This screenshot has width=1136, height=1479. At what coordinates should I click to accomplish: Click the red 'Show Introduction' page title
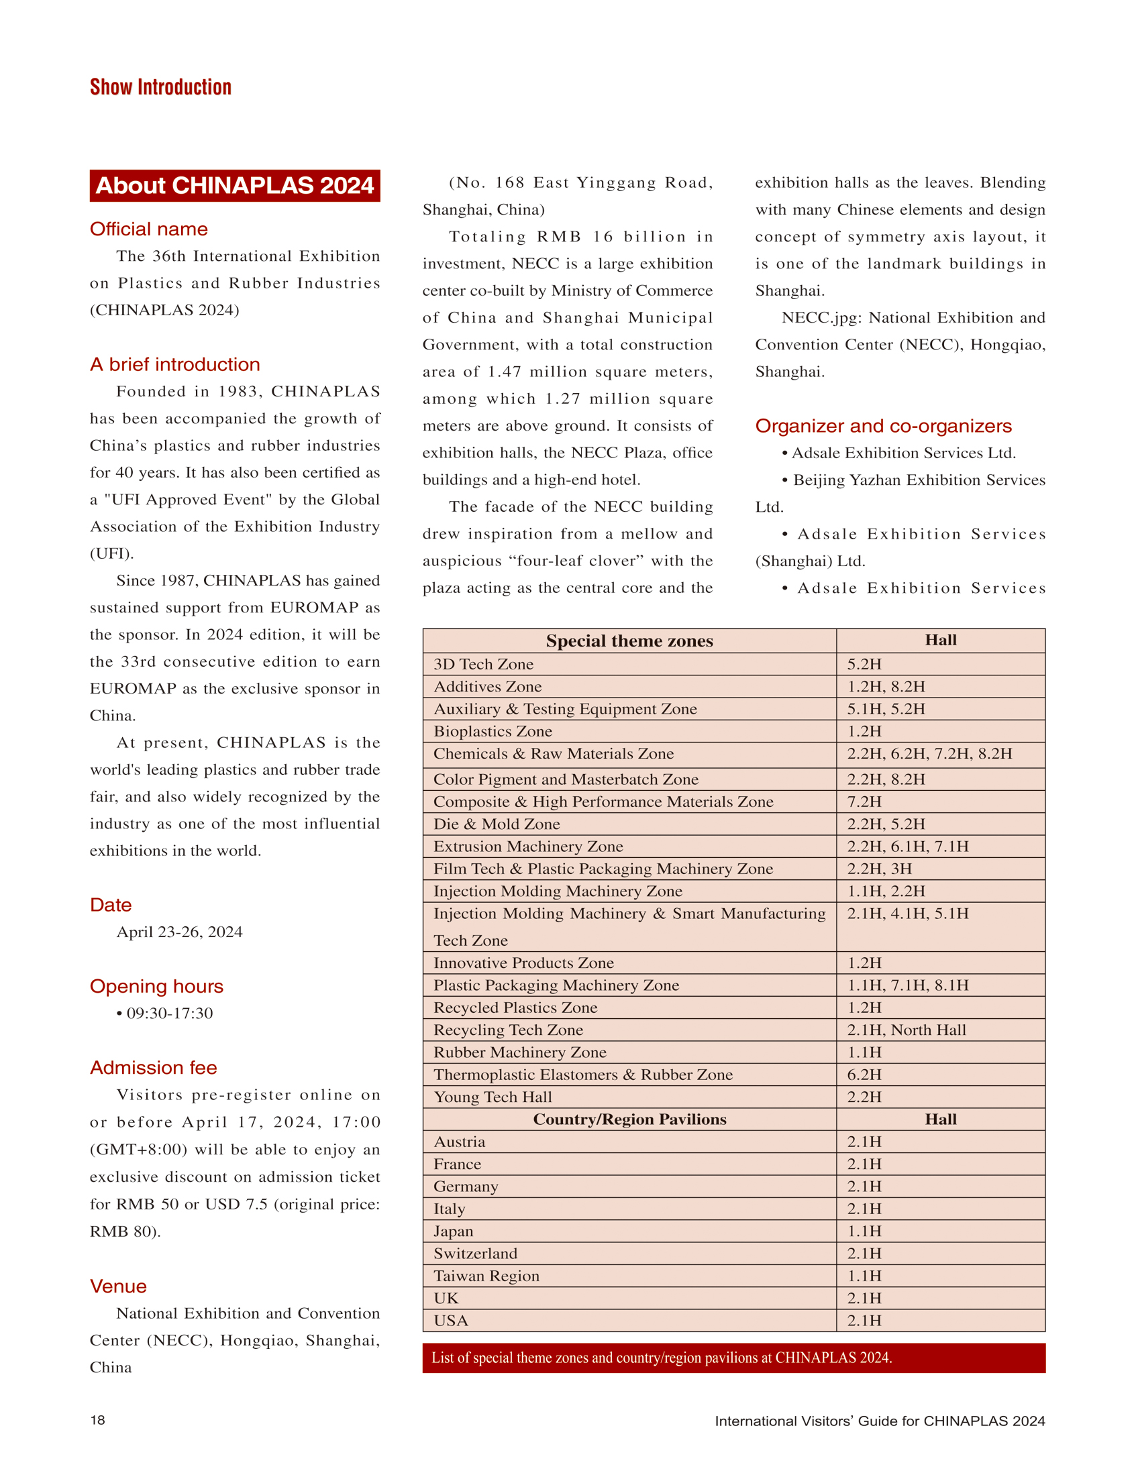coord(161,87)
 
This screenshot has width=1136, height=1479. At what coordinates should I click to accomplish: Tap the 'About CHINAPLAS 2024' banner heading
coord(235,186)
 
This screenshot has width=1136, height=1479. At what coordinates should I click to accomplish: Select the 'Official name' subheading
coord(149,229)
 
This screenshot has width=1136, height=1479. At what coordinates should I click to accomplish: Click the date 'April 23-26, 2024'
coord(179,932)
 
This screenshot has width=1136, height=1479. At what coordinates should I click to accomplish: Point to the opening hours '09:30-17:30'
coord(169,1014)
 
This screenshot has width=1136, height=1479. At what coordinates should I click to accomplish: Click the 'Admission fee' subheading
coord(154,1067)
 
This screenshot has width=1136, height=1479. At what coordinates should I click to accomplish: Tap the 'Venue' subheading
coord(118,1286)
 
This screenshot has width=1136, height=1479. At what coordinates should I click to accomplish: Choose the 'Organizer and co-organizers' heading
coord(883,426)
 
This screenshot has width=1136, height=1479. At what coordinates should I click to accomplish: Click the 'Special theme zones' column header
coord(629,641)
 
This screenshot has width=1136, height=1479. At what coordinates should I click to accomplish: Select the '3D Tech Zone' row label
coord(484,665)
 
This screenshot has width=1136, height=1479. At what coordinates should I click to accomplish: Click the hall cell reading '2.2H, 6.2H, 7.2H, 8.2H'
coord(930,754)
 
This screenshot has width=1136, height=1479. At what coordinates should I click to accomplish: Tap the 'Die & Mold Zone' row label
coord(497,824)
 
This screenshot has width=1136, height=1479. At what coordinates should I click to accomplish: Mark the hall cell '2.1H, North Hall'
coord(907,1030)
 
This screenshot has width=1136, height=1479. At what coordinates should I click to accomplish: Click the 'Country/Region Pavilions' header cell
coord(629,1119)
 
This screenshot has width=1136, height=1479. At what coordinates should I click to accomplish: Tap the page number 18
coord(98,1420)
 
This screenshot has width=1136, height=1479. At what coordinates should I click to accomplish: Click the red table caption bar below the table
coord(733,1358)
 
